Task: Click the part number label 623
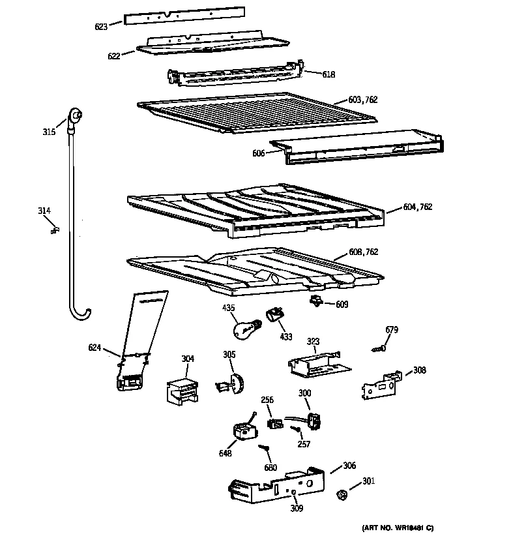click(101, 27)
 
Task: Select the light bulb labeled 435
click(246, 325)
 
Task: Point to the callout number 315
click(49, 132)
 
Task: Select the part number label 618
click(328, 74)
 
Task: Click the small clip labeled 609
click(317, 301)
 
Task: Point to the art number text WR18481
click(398, 527)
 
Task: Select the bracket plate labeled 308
click(381, 385)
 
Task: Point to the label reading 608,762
click(364, 252)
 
